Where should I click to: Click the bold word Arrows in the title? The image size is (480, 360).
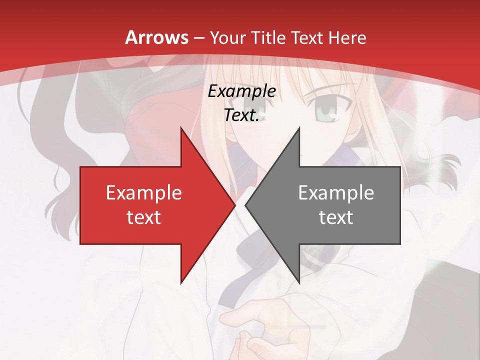(x=156, y=37)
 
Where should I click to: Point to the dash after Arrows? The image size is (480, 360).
(x=199, y=38)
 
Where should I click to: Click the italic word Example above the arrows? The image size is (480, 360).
(x=242, y=91)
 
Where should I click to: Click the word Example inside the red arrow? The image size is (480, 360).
(x=144, y=193)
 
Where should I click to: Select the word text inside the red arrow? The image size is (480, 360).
(x=144, y=217)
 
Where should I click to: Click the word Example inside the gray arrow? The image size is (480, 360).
(x=336, y=193)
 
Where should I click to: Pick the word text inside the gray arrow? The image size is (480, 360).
(x=336, y=217)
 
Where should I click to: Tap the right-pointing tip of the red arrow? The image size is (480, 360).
(x=235, y=205)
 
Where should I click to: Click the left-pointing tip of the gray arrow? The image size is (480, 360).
(x=245, y=205)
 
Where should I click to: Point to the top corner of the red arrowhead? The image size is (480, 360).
(x=181, y=128)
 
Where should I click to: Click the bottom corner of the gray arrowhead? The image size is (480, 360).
(x=299, y=282)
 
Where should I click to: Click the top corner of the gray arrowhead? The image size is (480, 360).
(x=299, y=128)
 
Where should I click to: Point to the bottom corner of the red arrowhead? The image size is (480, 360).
(x=181, y=282)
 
